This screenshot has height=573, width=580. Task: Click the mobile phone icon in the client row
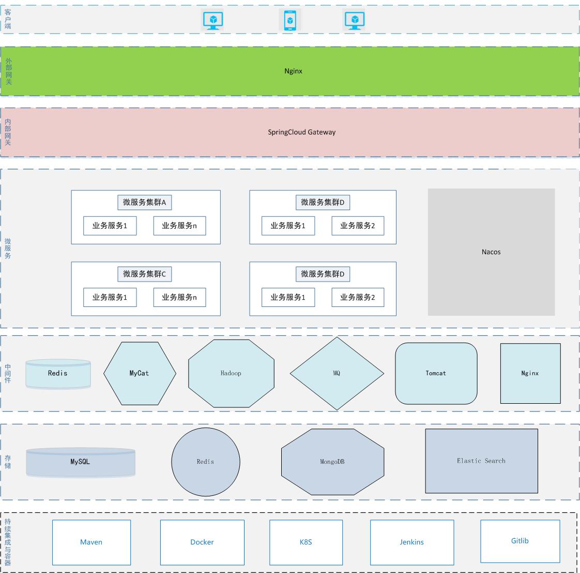(290, 21)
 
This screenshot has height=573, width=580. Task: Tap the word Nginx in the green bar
(293, 71)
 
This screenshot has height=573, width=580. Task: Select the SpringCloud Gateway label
(301, 132)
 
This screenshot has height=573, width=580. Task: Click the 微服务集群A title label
(144, 202)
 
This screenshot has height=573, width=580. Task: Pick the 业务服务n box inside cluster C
(179, 297)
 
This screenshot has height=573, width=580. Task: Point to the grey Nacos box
(491, 252)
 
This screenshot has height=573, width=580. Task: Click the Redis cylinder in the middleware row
(58, 374)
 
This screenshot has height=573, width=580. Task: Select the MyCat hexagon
(140, 373)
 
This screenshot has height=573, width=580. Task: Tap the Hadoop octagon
(231, 373)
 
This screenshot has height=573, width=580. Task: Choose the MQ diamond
(337, 373)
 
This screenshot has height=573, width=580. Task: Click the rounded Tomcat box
(436, 373)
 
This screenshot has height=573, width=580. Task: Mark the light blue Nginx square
(530, 373)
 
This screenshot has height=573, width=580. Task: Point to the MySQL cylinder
(80, 462)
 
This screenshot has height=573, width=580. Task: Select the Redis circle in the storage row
(205, 462)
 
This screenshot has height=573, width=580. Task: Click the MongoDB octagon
(332, 462)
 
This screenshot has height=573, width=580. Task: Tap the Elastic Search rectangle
(481, 461)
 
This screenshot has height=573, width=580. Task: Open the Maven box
(91, 542)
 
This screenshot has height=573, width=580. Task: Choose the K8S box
(306, 542)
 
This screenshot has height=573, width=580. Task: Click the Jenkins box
(411, 542)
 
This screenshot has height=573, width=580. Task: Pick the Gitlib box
(520, 541)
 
